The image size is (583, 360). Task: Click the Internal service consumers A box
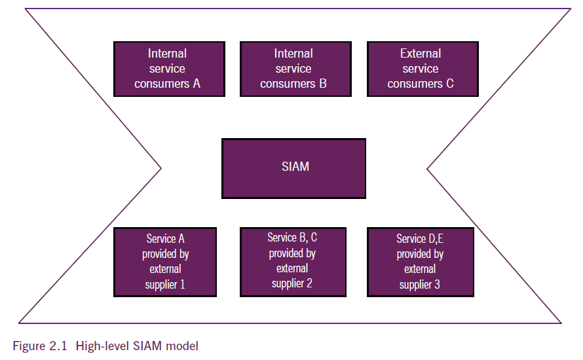(x=169, y=69)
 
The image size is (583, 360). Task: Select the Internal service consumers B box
(x=295, y=69)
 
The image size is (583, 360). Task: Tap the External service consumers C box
(x=423, y=69)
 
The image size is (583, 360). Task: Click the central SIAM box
(x=293, y=169)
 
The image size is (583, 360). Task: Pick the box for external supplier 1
(x=165, y=262)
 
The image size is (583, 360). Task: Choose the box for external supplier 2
(x=293, y=262)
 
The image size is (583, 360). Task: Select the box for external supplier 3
(x=421, y=262)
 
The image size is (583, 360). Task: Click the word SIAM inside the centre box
(x=295, y=166)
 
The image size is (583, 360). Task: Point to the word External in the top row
(x=421, y=54)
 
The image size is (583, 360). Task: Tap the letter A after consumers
(x=197, y=84)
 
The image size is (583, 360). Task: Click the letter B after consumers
(x=323, y=84)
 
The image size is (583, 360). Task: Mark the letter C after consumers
(x=450, y=84)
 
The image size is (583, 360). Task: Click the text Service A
(x=165, y=238)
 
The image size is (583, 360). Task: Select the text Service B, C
(x=292, y=238)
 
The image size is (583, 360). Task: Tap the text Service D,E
(x=420, y=238)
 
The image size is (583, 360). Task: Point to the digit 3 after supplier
(x=437, y=285)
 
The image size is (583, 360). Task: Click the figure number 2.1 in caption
(x=58, y=346)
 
